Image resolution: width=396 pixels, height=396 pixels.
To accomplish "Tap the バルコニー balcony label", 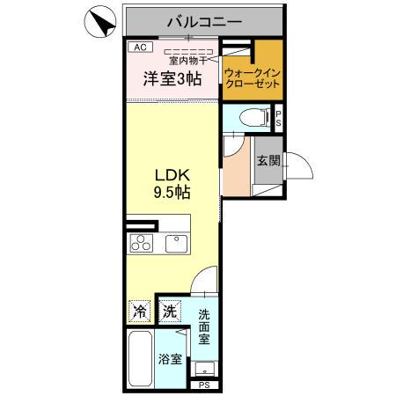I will coord(204,19).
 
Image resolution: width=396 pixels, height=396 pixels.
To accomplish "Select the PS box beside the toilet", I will coord(278,116).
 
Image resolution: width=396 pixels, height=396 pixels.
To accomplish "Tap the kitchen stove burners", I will coord(140,243).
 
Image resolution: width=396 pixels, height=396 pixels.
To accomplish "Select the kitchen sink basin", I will coord(174,243).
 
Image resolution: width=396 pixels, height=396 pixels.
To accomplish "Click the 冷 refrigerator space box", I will coord(139,310).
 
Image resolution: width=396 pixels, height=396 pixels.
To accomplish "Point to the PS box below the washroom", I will coord(204,385).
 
